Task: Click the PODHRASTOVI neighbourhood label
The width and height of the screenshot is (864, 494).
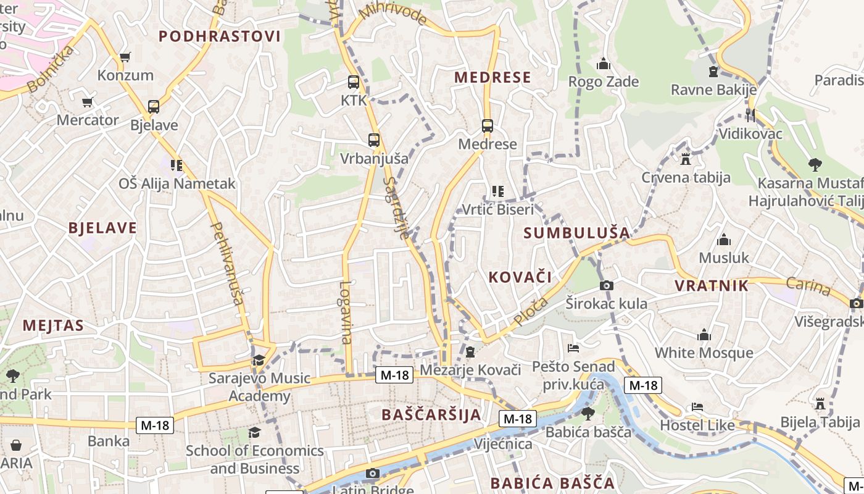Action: coord(220,36)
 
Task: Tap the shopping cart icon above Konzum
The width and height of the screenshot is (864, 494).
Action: coord(125,57)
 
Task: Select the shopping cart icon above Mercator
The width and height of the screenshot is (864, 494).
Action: coord(88,102)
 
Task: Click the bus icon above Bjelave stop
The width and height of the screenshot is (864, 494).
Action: coord(154,107)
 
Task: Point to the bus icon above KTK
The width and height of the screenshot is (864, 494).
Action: coord(354,82)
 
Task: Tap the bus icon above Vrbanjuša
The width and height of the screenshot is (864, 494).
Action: coord(374,140)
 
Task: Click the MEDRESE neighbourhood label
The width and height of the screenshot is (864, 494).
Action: coord(492,77)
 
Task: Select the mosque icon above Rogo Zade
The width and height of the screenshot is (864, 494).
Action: coord(603,64)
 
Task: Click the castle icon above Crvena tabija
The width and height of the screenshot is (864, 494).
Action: coord(685,159)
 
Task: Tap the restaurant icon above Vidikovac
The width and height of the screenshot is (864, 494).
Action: coord(750,115)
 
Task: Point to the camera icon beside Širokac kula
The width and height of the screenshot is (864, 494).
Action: coord(607,285)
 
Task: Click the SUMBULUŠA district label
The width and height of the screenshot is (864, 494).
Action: coord(577,233)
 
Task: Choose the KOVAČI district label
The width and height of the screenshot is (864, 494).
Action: coord(520,277)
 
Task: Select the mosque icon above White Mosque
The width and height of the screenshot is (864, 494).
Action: coord(704,335)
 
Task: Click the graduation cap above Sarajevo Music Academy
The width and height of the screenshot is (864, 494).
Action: coord(259,360)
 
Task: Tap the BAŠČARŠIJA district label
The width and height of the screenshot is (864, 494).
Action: coord(431,414)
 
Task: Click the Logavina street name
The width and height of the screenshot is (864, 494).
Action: coord(346,312)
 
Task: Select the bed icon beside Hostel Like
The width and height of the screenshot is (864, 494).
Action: coord(697,407)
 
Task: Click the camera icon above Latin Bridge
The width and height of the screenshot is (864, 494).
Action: coord(372,474)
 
